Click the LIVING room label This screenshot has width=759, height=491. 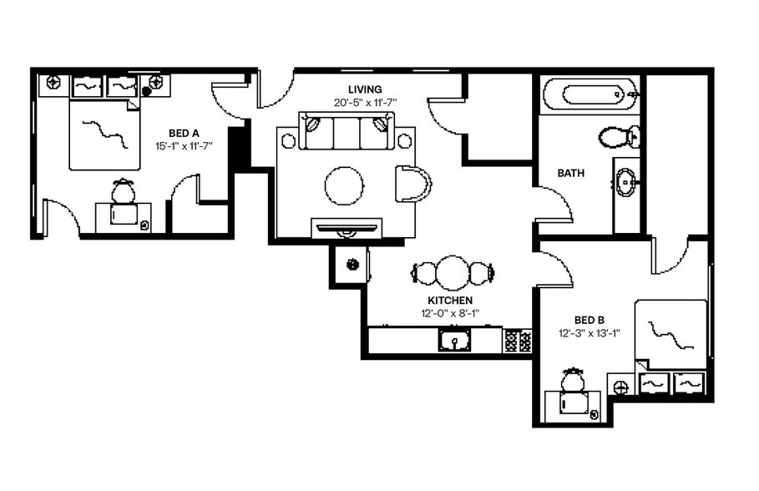(x=365, y=89)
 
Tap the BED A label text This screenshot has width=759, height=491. (x=184, y=133)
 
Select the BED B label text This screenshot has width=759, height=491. (x=589, y=320)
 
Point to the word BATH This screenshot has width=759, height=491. (x=571, y=174)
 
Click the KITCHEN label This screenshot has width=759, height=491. (x=450, y=301)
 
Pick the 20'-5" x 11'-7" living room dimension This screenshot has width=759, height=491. (x=365, y=103)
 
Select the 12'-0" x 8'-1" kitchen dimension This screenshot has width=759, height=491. (x=450, y=314)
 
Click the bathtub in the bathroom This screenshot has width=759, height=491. (x=589, y=95)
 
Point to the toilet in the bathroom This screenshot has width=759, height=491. (x=620, y=136)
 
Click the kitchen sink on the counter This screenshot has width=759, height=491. (x=454, y=341)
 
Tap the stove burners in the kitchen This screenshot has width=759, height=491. (x=517, y=341)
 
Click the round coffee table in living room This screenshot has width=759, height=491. (x=344, y=185)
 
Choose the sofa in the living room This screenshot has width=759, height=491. (x=347, y=134)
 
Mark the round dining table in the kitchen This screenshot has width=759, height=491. (x=453, y=273)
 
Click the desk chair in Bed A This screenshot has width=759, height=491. (x=124, y=193)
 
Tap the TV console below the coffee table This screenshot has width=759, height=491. (x=347, y=228)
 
